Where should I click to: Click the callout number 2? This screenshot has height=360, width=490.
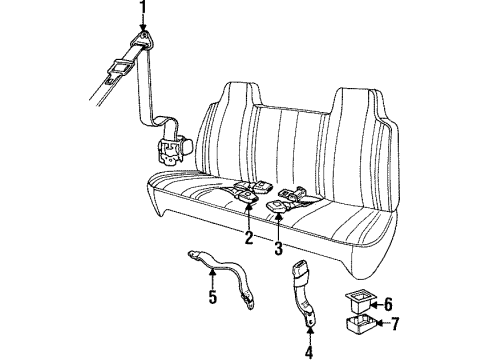pyautogui.click(x=248, y=237)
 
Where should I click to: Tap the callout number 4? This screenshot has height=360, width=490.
pyautogui.click(x=307, y=350)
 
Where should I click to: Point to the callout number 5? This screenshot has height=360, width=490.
pyautogui.click(x=213, y=296)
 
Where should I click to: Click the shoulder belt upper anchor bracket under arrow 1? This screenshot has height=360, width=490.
pyautogui.click(x=145, y=40)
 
